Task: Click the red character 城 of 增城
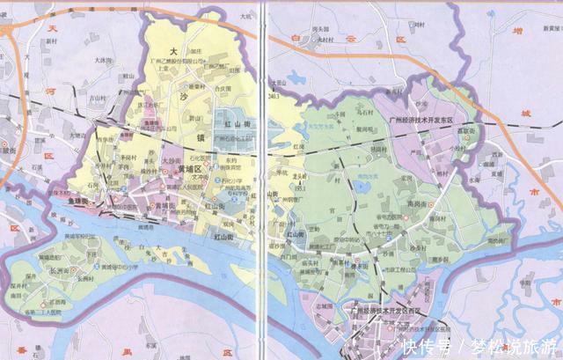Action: tap(528, 114)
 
